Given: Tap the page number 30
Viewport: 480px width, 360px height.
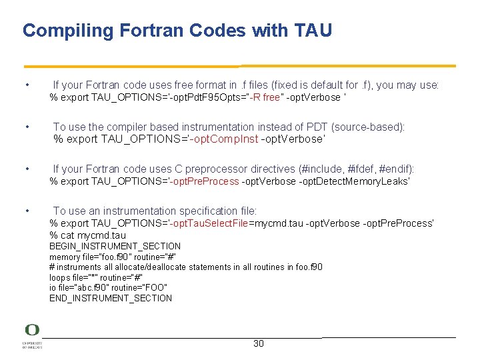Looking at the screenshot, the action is (259, 343).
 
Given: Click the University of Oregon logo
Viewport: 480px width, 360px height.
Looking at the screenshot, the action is (32, 337).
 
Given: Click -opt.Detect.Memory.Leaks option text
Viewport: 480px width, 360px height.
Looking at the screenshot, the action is (354, 181).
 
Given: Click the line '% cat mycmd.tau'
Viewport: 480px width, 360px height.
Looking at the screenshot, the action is (87, 235).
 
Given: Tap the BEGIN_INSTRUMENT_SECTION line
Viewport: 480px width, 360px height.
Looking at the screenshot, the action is (115, 246).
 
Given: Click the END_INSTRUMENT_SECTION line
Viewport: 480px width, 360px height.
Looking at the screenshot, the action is (111, 298).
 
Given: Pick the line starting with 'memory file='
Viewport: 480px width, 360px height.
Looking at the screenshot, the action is (113, 257).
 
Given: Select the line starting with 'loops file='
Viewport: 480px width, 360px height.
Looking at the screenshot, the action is (96, 277).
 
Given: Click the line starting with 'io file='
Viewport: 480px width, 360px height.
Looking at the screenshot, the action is (108, 287).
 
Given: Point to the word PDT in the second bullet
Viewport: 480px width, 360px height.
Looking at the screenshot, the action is (317, 127).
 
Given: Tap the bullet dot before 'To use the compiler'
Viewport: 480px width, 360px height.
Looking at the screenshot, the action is (26, 127).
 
